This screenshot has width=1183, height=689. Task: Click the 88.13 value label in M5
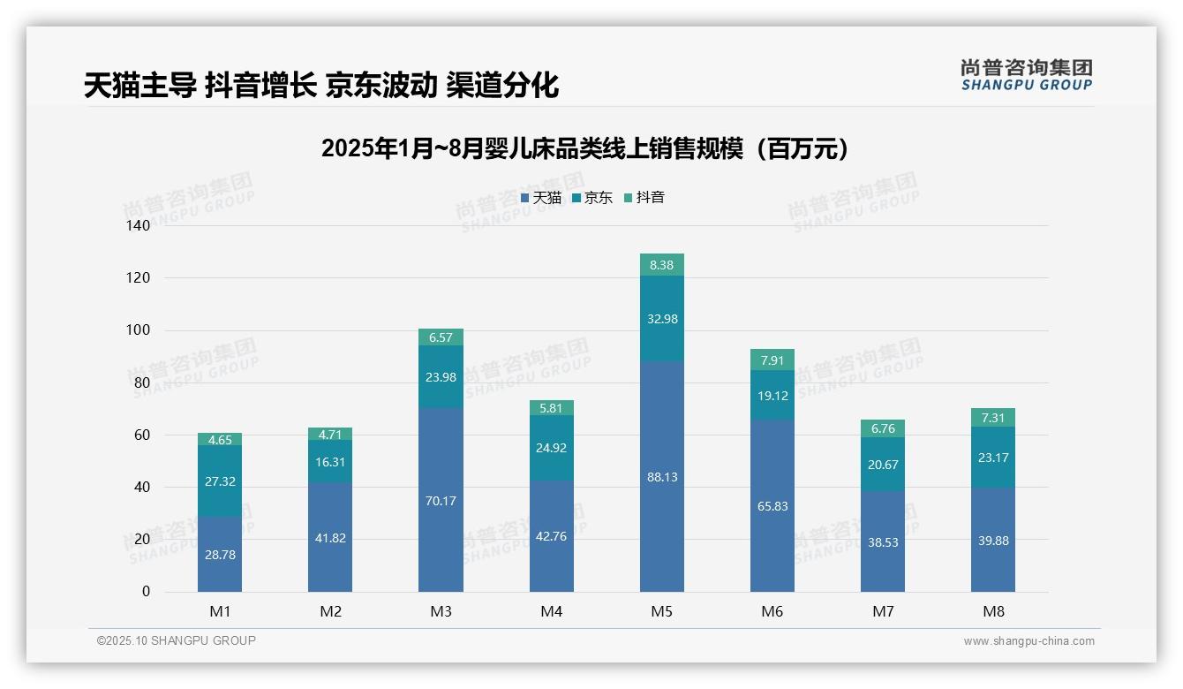tap(662, 477)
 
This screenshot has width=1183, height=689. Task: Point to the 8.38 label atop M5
tap(662, 265)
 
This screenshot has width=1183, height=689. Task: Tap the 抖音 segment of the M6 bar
tap(772, 360)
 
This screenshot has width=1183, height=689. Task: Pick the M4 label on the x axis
tap(551, 611)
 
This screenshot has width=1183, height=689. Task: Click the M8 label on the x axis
tap(993, 611)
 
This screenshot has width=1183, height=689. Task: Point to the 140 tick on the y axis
tap(139, 226)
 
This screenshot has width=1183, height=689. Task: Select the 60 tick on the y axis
tap(142, 435)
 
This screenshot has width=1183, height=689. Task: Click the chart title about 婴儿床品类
tap(586, 148)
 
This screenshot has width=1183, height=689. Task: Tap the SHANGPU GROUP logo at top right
tap(1026, 75)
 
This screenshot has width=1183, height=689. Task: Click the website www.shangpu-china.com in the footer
tap(1029, 641)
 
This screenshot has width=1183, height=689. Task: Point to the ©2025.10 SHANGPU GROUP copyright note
tap(177, 641)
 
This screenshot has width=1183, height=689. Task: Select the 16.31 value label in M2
tap(330, 461)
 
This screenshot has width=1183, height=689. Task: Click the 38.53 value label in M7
tap(883, 542)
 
